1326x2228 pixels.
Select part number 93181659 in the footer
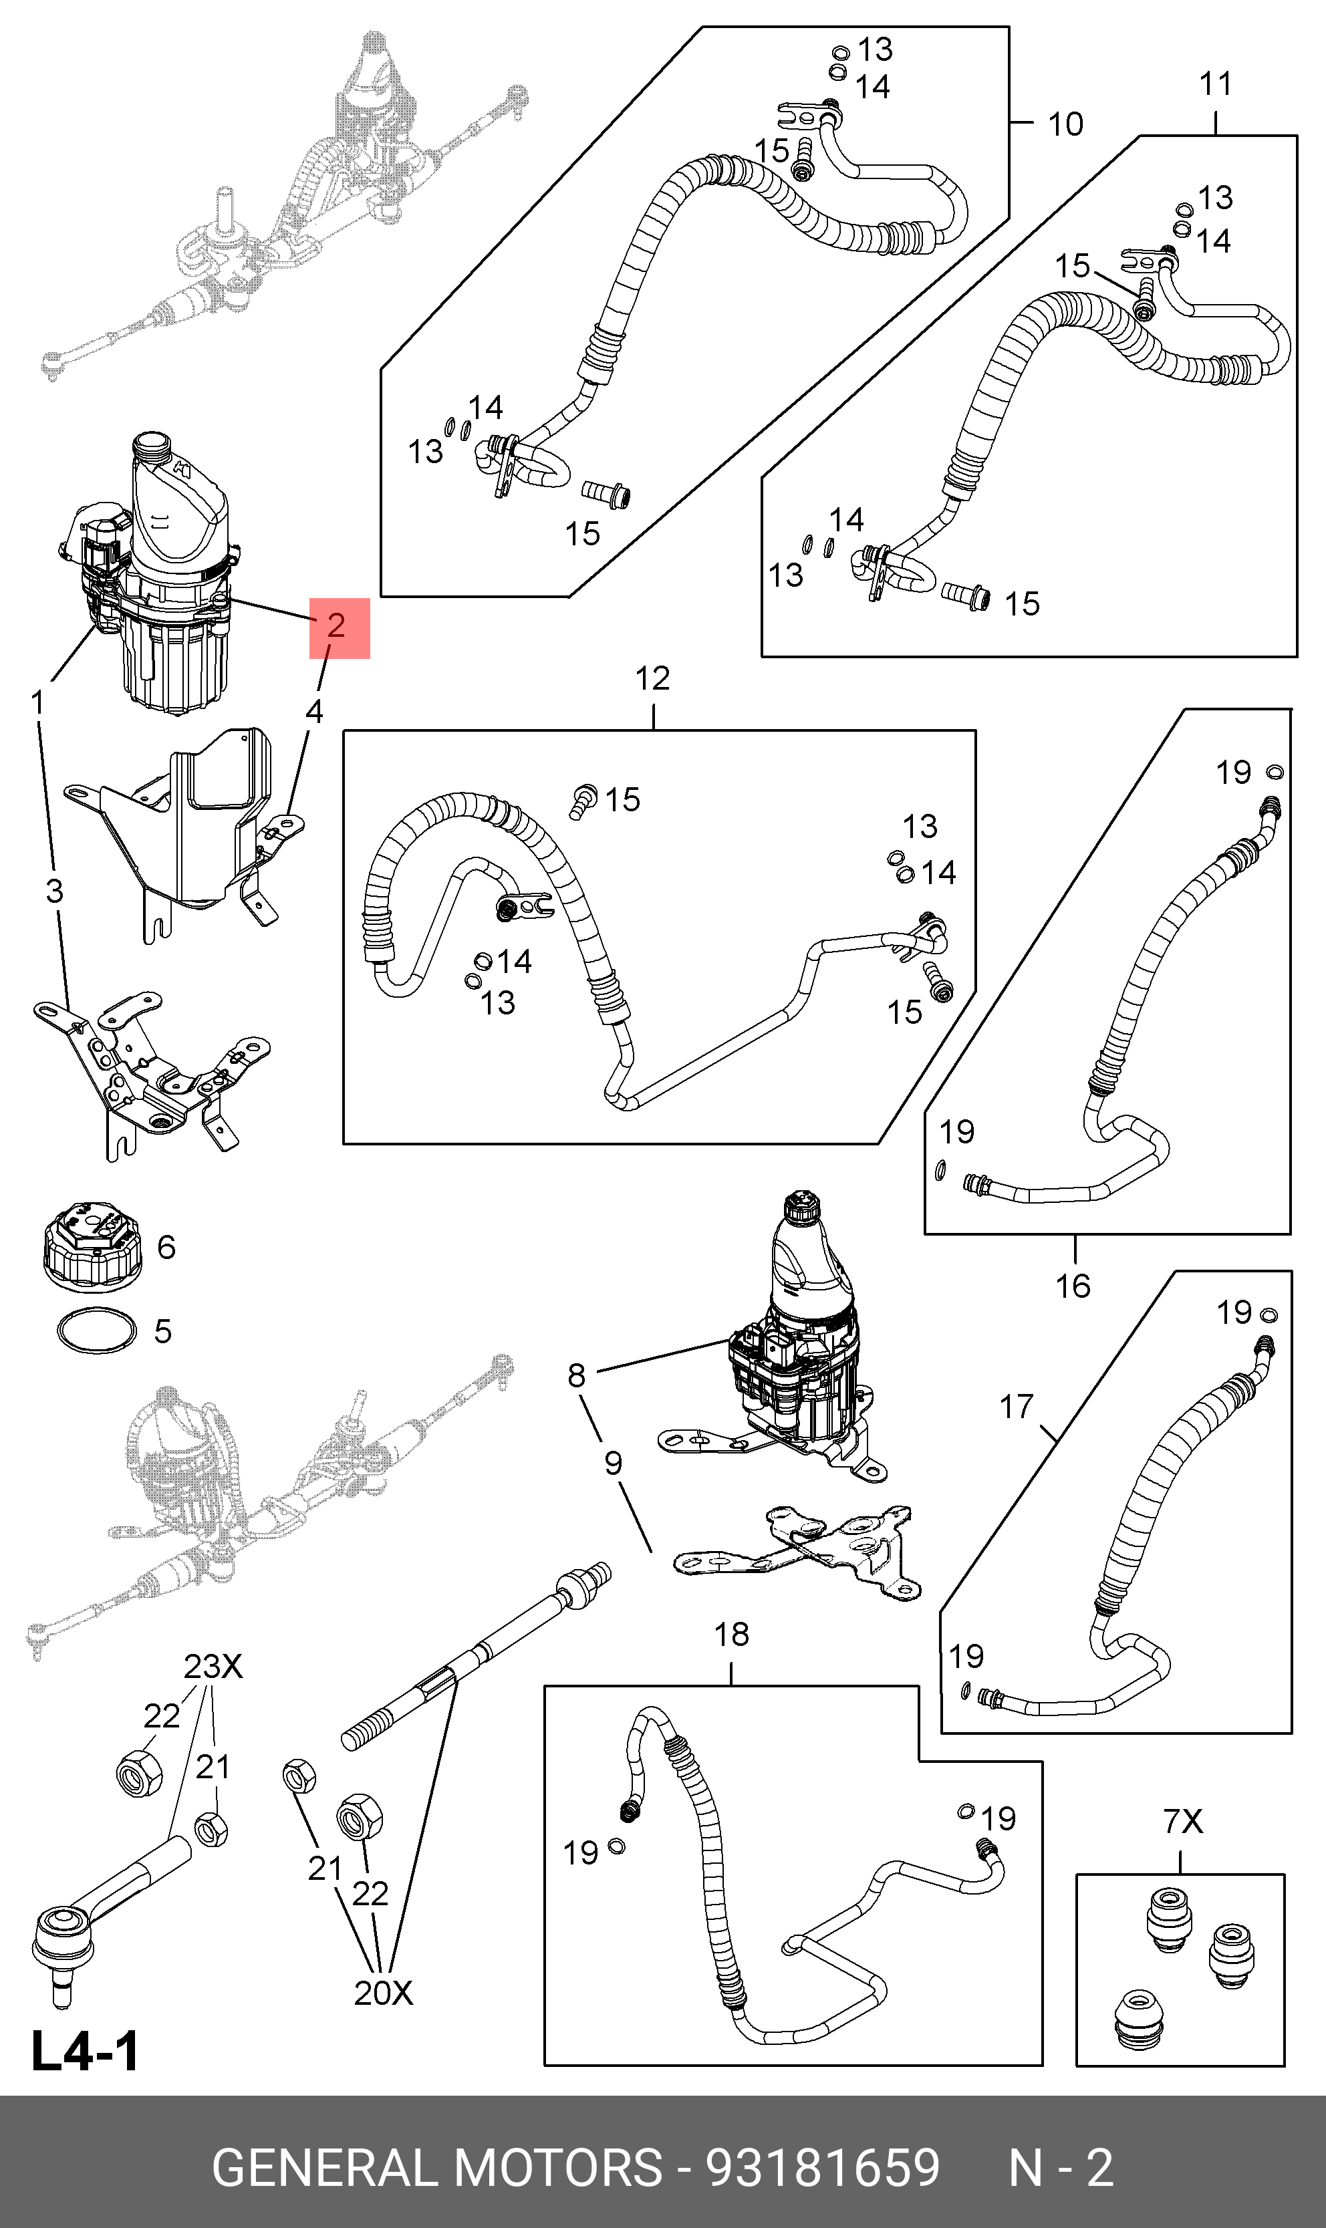[x=823, y=2167]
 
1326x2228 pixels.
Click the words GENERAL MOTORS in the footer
[x=437, y=2167]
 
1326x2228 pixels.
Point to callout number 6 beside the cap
[x=166, y=1247]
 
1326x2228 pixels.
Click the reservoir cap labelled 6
[x=90, y=1248]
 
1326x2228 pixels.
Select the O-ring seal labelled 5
[x=96, y=1332]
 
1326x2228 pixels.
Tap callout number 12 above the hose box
[x=652, y=679]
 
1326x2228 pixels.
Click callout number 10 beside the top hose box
[x=1065, y=124]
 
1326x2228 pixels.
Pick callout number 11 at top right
[x=1215, y=84]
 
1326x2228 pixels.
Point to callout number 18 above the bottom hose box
[x=731, y=1635]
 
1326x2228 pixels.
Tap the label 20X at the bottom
[x=384, y=1993]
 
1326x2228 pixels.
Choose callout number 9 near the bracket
[x=613, y=1464]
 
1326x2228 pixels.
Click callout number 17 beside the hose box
[x=1016, y=1407]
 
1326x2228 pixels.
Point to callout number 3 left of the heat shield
[x=55, y=891]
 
